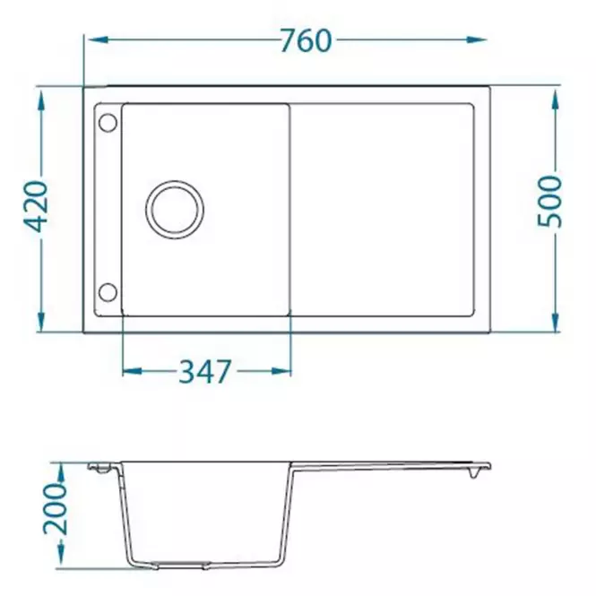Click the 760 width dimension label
point(306,40)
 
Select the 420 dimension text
point(36,206)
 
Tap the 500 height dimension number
point(549,201)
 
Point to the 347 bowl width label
point(205,371)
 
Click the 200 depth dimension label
point(55,509)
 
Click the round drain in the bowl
point(175,210)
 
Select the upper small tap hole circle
point(108,123)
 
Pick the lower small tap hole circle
point(108,292)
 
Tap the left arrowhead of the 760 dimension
point(98,39)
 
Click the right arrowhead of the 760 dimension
point(477,39)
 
